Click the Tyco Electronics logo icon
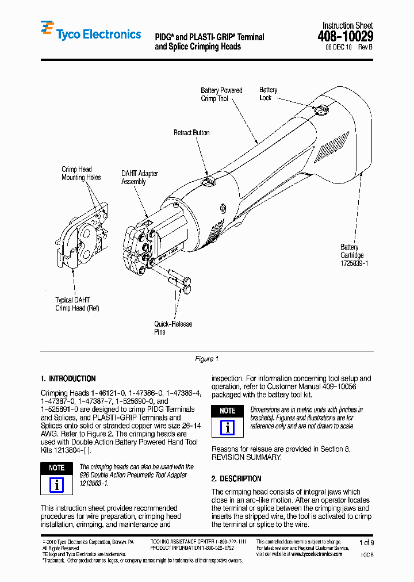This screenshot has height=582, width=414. tap(47, 28)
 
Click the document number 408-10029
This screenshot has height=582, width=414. tap(345, 37)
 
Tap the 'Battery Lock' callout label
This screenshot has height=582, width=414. tap(268, 94)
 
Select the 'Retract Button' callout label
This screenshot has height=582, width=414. tap(191, 133)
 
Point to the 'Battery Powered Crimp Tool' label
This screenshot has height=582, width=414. tap(221, 95)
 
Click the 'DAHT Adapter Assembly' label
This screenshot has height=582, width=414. tap(139, 178)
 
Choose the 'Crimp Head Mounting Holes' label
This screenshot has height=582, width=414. tap(81, 174)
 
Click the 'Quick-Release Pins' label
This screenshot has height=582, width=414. tap(172, 328)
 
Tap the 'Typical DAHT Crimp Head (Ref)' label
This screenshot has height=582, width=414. tap(77, 304)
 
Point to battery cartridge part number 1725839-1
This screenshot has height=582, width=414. tap(354, 263)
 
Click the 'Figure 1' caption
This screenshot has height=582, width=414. tap(206, 359)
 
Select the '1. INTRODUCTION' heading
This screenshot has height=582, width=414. tap(68, 379)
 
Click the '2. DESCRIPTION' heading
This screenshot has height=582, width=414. tap(236, 478)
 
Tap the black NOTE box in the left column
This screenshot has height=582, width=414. tap(56, 468)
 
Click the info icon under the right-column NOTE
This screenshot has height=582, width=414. tap(228, 427)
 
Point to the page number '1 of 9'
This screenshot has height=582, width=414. tap(366, 542)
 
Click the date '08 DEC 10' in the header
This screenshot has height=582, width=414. tap(339, 48)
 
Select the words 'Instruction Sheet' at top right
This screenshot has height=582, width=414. tap(347, 26)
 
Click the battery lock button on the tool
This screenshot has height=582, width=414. tap(324, 109)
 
